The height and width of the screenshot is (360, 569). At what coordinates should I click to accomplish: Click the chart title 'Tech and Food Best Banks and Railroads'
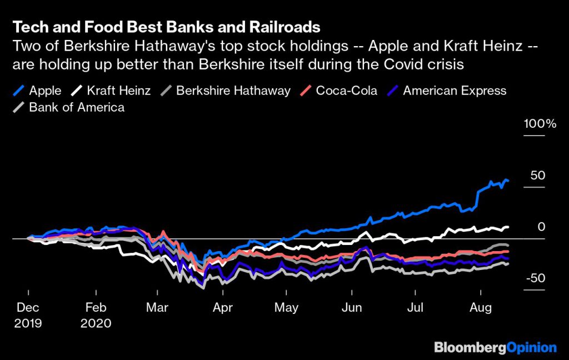tap(166, 27)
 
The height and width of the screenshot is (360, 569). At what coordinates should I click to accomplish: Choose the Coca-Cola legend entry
tap(339, 91)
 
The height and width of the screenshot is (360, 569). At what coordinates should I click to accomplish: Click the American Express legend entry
tap(447, 91)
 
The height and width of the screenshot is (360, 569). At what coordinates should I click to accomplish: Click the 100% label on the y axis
tap(540, 124)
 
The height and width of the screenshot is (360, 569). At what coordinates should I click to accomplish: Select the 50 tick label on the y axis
tap(537, 176)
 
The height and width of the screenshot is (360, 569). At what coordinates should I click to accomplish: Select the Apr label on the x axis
tap(222, 307)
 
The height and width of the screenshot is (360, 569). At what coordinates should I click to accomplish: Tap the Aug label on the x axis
tap(481, 307)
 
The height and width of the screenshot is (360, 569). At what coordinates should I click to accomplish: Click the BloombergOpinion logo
tap(495, 348)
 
